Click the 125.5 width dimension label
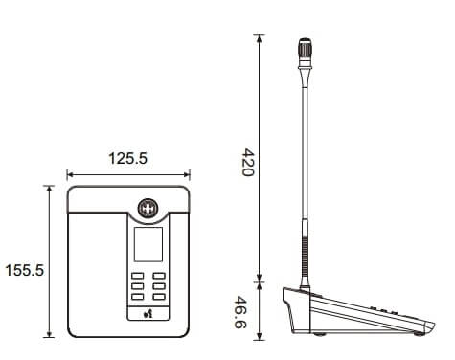click(x=127, y=158)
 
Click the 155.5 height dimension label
click(x=24, y=270)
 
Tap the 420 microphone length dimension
click(x=248, y=162)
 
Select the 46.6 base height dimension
click(x=240, y=312)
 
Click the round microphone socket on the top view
click(x=148, y=209)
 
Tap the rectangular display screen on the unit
click(x=148, y=244)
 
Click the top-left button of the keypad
click(x=138, y=276)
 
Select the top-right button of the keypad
click(x=159, y=276)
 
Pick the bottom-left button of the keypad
click(x=138, y=297)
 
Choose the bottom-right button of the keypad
click(x=159, y=297)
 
